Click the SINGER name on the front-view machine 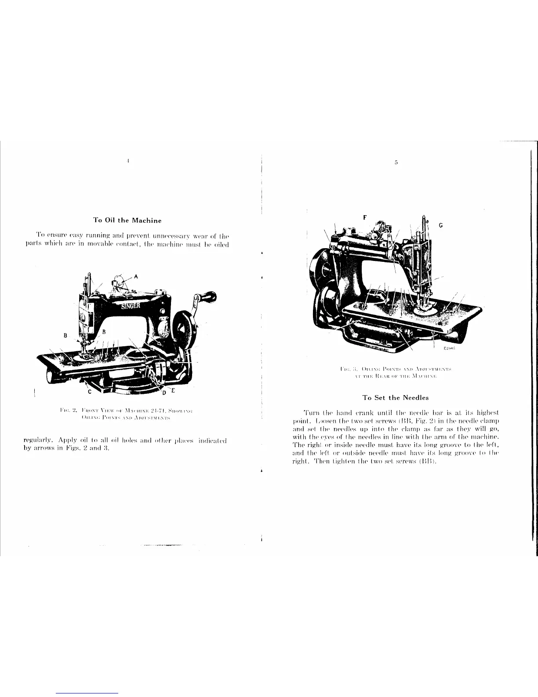coord(131,306)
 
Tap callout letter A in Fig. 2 coord(136,276)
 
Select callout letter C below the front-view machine coord(89,391)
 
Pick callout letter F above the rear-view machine coord(364,217)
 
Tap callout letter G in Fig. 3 coord(441,225)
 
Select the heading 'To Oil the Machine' coord(127,220)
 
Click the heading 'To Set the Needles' coord(395,397)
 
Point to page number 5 coord(396,163)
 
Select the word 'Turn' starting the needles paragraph coord(311,412)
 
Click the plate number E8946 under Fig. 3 coord(449,348)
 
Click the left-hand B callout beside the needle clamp coord(65,335)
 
